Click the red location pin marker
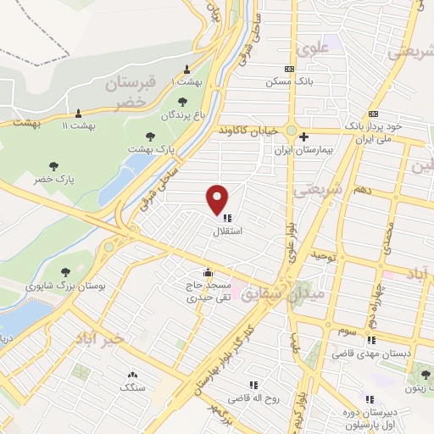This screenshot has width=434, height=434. pyautogui.click(x=219, y=198)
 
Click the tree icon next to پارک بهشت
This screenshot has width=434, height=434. pyautogui.click(x=150, y=136)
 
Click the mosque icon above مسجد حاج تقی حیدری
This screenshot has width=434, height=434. pyautogui.click(x=196, y=272)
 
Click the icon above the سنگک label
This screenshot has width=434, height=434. pyautogui.click(x=132, y=374)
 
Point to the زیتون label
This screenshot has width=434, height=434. pyautogui.click(x=416, y=388)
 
